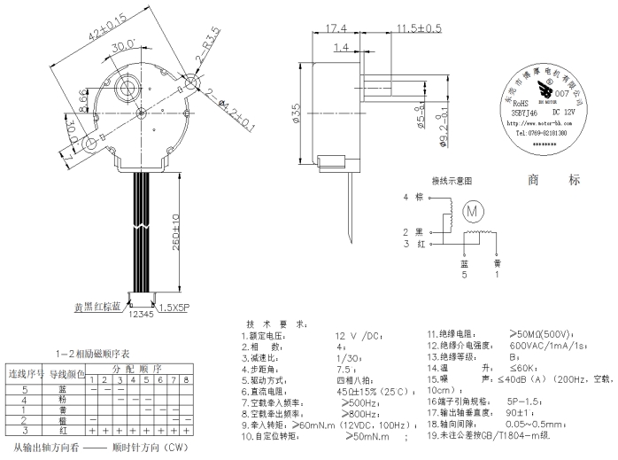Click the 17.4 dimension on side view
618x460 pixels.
pyautogui.click(x=336, y=28)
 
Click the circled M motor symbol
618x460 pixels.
pyautogui.click(x=472, y=210)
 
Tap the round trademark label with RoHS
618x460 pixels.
pyautogui.click(x=541, y=110)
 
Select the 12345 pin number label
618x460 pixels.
pyautogui.click(x=142, y=313)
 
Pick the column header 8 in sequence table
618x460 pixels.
pyautogui.click(x=186, y=379)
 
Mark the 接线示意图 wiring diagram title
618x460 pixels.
pyautogui.click(x=452, y=180)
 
